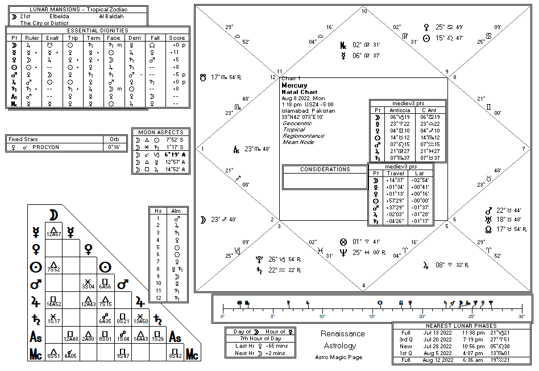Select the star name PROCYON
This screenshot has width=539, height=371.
coord(46,146)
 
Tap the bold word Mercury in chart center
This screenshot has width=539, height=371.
coord(295,85)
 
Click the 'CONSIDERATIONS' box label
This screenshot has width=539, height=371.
coord(325,169)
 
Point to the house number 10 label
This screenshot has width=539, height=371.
coord(364,11)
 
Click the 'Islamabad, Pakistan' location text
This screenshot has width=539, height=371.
coord(308,111)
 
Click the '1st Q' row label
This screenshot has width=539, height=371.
coord(405,353)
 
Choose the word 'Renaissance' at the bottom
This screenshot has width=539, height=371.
coord(342,334)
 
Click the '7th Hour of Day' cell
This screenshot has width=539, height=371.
coord(259,339)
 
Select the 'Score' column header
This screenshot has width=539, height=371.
coord(177,38)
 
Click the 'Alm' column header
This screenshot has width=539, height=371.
coord(175,211)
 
